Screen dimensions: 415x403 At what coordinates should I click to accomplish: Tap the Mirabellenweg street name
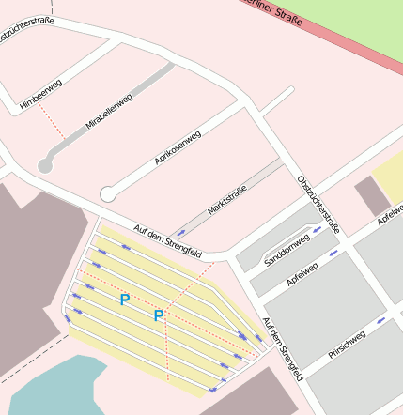coord(109,111)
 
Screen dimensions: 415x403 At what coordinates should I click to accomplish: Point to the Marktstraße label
coord(226,200)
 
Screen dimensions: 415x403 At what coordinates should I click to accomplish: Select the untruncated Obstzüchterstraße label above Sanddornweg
coord(318,205)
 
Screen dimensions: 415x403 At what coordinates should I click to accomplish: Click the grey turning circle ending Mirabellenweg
coord(44,165)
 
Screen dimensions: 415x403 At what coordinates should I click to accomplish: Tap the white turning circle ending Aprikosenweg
coord(108,194)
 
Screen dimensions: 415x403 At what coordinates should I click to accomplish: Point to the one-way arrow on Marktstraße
coord(180,233)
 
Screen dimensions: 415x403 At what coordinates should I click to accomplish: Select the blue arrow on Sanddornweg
coord(317,228)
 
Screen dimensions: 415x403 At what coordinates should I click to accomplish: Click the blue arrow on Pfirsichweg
coord(380,319)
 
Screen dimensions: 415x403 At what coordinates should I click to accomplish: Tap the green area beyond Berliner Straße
coord(348,23)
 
